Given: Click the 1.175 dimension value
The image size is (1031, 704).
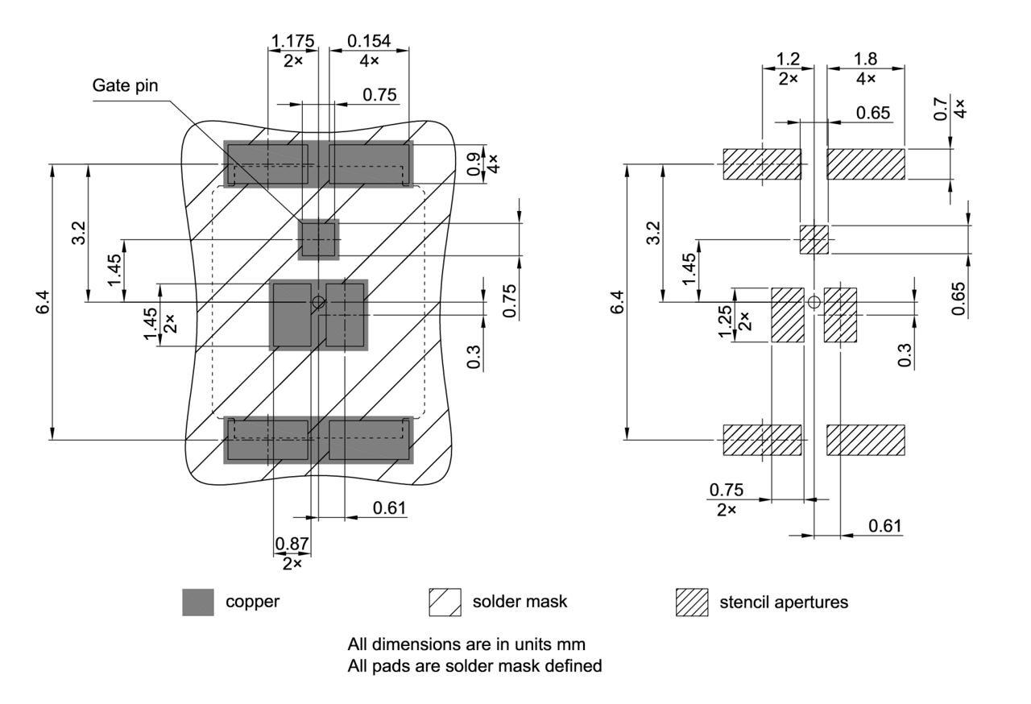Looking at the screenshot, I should (293, 41).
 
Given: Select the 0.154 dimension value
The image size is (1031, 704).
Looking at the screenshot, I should (369, 41).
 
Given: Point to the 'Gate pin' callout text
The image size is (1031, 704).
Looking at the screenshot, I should (126, 85).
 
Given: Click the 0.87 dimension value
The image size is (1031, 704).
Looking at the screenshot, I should (292, 544).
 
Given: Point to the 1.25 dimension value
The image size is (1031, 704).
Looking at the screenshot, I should (726, 321).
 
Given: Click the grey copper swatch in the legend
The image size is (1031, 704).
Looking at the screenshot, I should (198, 603).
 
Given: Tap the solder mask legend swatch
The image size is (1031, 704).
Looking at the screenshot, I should (445, 603).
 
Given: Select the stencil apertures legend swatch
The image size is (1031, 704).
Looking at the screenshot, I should (691, 603).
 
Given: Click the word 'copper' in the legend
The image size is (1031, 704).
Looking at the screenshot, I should (252, 602).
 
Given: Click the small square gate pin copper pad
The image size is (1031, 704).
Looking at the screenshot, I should (319, 239).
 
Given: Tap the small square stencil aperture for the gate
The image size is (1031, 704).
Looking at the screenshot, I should (814, 239).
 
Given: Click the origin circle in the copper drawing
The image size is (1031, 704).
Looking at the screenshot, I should (319, 302).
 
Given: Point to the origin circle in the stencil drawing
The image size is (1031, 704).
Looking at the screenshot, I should (814, 302).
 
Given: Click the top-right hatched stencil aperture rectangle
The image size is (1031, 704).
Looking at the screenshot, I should (866, 164).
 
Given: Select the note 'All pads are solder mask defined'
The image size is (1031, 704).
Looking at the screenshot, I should (474, 666).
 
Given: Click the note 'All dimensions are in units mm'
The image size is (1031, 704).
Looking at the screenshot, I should (466, 645).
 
